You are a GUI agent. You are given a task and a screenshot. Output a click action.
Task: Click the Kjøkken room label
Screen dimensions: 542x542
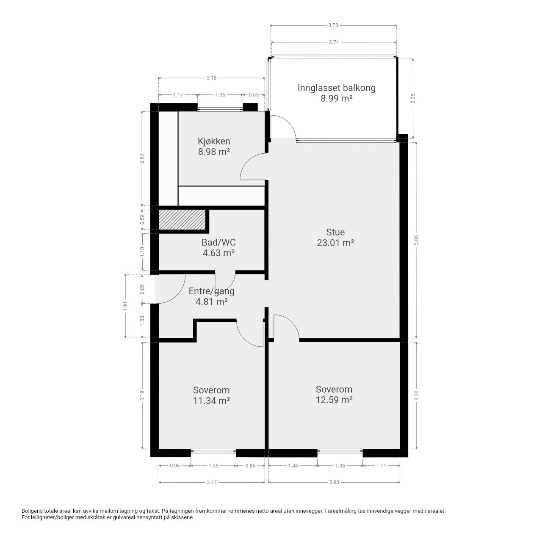coord(214,141)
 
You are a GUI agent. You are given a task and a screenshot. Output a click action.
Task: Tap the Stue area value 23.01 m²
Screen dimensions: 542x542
coord(335,243)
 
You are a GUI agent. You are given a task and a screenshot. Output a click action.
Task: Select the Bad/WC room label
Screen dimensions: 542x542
coord(218,242)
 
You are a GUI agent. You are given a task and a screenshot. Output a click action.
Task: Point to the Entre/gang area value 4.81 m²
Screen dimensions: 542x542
coord(212,302)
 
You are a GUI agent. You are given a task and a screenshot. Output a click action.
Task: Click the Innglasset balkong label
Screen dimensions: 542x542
coord(336,88)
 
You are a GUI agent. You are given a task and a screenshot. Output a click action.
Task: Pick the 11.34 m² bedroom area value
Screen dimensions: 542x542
coord(212,401)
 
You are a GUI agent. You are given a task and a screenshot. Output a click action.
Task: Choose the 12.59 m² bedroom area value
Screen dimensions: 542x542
coord(334,400)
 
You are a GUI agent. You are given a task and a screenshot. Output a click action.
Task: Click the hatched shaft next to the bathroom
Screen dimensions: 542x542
coord(182,220)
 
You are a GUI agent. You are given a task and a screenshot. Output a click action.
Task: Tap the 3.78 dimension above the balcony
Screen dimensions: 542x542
coord(333,25)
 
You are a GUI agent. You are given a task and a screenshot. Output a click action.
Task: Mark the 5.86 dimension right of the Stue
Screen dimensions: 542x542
coord(416,240)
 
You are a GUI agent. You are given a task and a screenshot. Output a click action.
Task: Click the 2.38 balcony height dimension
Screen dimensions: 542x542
coord(413,98)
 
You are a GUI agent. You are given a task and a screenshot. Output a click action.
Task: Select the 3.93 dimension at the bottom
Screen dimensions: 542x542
coord(334,482)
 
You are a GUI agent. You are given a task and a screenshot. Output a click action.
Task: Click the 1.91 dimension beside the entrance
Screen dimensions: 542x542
coord(125,306)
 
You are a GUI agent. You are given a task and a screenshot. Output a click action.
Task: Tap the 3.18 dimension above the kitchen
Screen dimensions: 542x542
coord(212,77)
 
